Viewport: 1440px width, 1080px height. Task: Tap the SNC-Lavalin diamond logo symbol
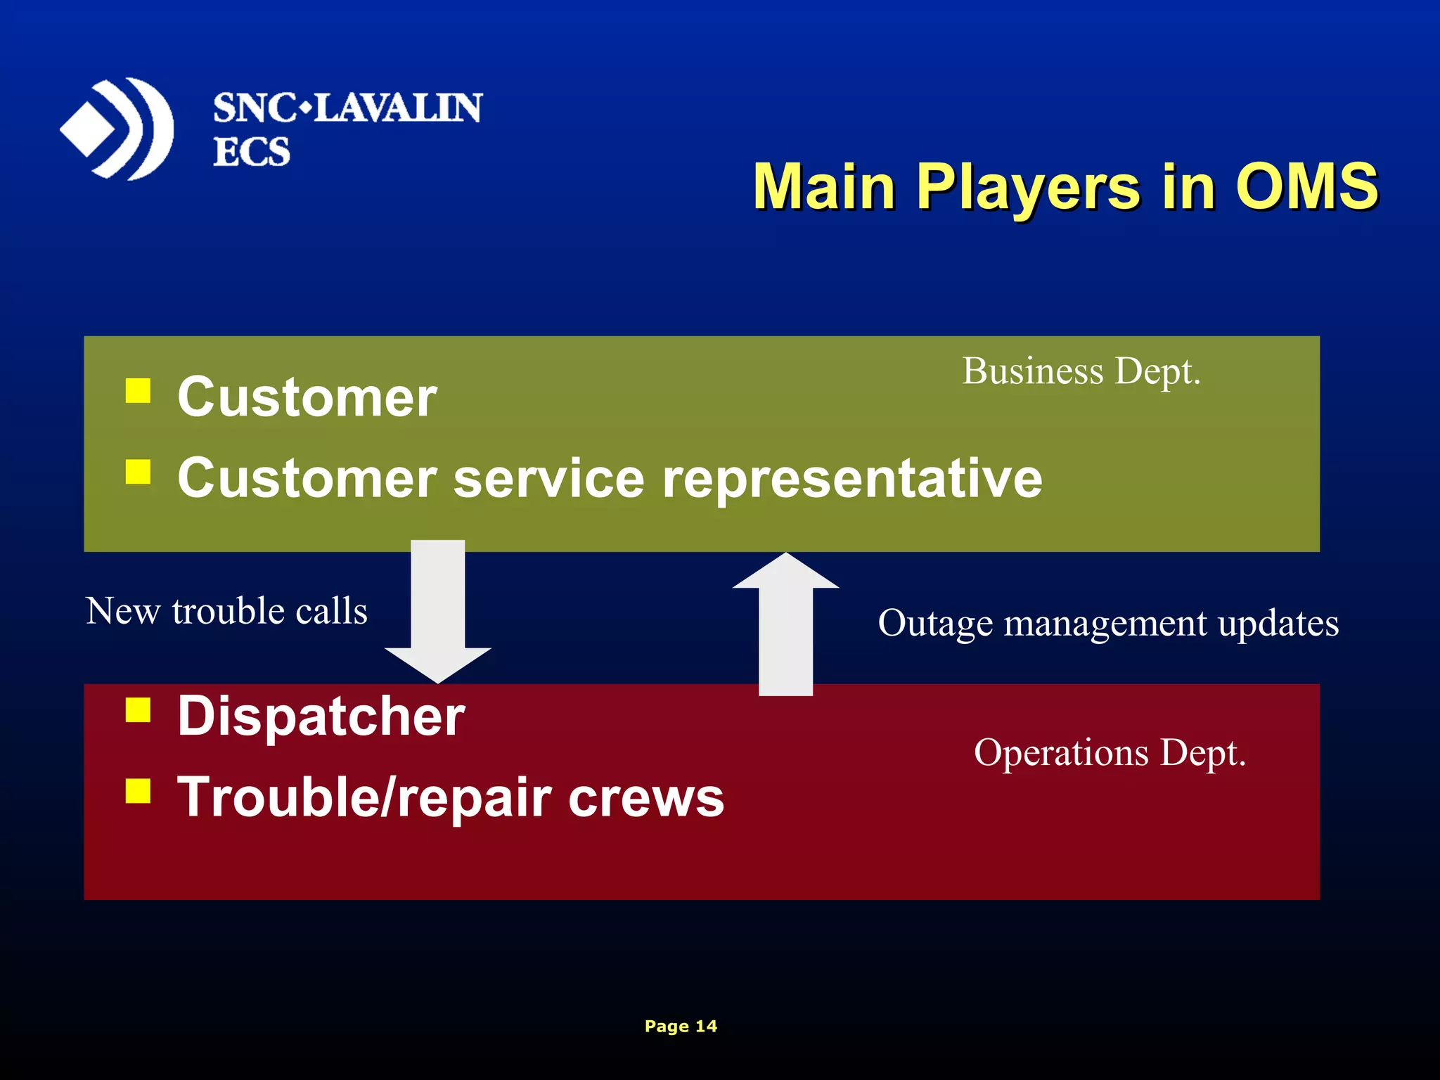click(117, 129)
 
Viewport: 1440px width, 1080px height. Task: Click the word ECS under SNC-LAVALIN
click(251, 152)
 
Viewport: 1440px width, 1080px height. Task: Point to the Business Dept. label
click(1081, 371)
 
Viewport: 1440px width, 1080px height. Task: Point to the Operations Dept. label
click(1110, 752)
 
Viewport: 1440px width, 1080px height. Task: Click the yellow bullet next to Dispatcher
click(138, 710)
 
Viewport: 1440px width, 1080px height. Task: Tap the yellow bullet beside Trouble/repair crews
click(138, 791)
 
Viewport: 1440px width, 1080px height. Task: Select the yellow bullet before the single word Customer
click(138, 391)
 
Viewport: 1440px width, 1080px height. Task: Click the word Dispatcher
click(321, 716)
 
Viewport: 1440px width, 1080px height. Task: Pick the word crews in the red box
click(645, 798)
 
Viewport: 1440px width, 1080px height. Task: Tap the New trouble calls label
click(226, 610)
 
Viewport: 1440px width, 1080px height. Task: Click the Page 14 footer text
click(681, 1026)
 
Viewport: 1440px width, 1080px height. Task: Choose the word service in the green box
click(548, 478)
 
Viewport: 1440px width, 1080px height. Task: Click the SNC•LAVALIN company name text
click(347, 108)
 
